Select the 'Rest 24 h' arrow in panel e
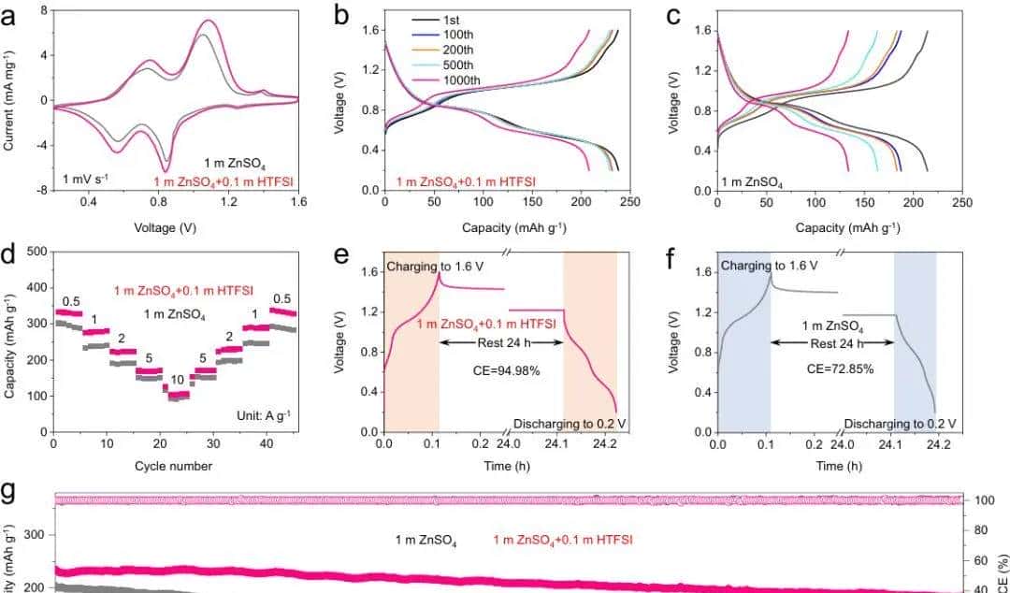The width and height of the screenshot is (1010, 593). coord(500,343)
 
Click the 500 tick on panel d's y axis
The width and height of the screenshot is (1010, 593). coord(36,252)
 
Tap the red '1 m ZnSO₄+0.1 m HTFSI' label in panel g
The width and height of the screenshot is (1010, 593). coord(563,540)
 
